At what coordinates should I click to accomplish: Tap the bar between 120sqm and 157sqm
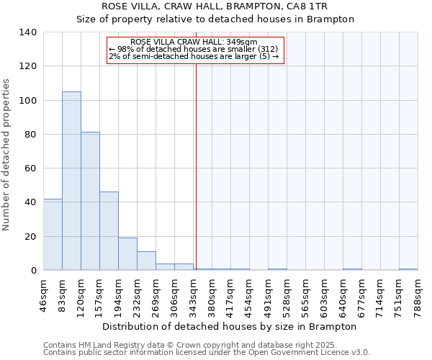tap(90, 201)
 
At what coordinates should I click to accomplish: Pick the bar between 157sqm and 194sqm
tap(109, 231)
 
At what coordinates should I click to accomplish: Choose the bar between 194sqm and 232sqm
tap(127, 254)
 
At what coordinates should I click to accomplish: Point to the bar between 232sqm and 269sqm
tap(146, 261)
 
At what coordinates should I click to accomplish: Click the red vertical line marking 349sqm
tap(196, 166)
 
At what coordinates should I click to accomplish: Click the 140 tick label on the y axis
tap(28, 32)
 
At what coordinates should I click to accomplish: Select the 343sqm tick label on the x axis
tap(194, 294)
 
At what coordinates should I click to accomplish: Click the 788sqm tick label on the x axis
tap(418, 294)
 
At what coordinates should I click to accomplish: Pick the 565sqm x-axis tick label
tap(306, 294)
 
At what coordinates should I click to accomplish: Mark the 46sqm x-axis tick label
tap(44, 294)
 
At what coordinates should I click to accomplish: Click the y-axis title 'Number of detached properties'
tap(7, 155)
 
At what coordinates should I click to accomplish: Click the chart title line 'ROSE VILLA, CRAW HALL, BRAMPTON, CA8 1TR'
tap(215, 6)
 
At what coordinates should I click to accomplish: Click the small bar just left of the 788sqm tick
tap(408, 269)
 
